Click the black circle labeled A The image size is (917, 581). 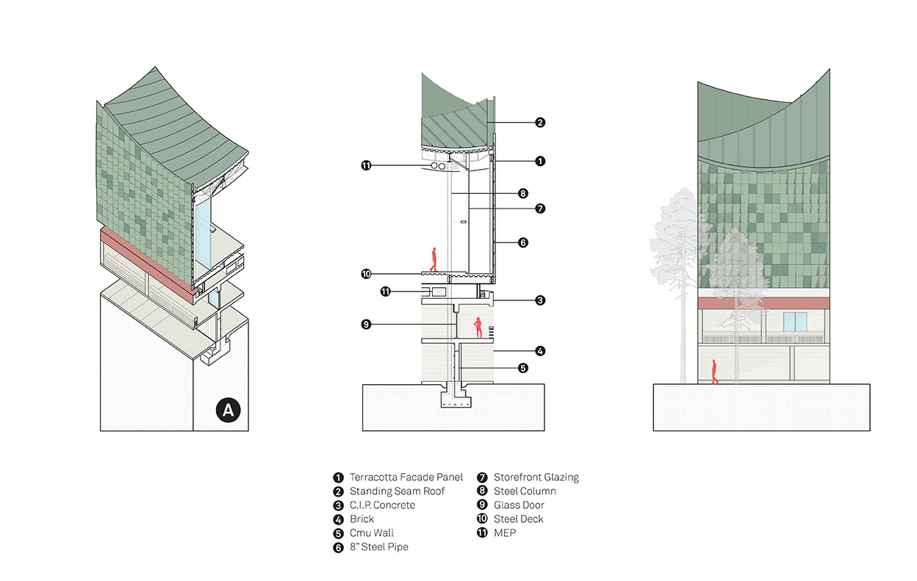228,411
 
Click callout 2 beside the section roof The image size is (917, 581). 540,123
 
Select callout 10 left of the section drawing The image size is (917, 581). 366,274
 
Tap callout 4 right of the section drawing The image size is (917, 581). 540,351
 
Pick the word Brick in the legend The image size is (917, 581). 362,519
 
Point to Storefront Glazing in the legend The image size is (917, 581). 536,477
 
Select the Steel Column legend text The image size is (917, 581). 525,491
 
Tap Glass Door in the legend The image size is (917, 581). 519,505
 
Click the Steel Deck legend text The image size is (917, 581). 518,519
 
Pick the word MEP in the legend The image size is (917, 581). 505,533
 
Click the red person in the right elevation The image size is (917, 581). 713,371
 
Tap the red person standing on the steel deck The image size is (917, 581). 434,259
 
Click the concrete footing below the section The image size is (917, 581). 453,398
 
